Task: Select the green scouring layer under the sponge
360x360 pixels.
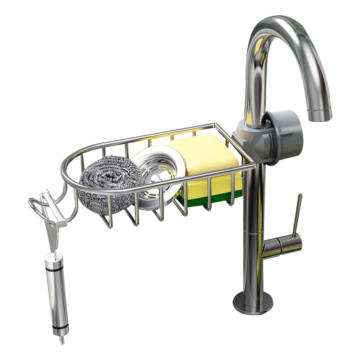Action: click(213, 199)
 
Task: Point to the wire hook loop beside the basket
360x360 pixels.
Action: click(37, 207)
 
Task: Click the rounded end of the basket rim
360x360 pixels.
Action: click(65, 173)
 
